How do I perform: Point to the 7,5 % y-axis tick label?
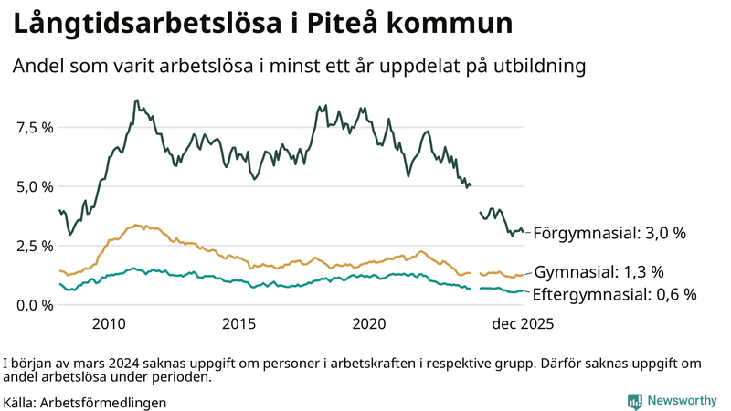pos(34,127)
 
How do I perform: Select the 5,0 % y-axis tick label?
pos(34,186)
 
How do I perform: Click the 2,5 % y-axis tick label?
pos(34,246)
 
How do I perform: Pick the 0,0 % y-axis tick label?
pos(34,304)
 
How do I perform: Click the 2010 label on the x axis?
pos(109,324)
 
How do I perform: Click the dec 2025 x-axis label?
pos(524,324)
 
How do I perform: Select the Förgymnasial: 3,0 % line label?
pos(609,234)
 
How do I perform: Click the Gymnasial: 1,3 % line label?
pos(599,272)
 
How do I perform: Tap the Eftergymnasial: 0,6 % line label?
pos(614,294)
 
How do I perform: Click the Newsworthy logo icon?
pos(634,401)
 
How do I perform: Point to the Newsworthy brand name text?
pos(682,401)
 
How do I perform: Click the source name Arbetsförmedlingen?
pos(103,402)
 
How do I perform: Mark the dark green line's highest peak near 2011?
pos(136,100)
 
